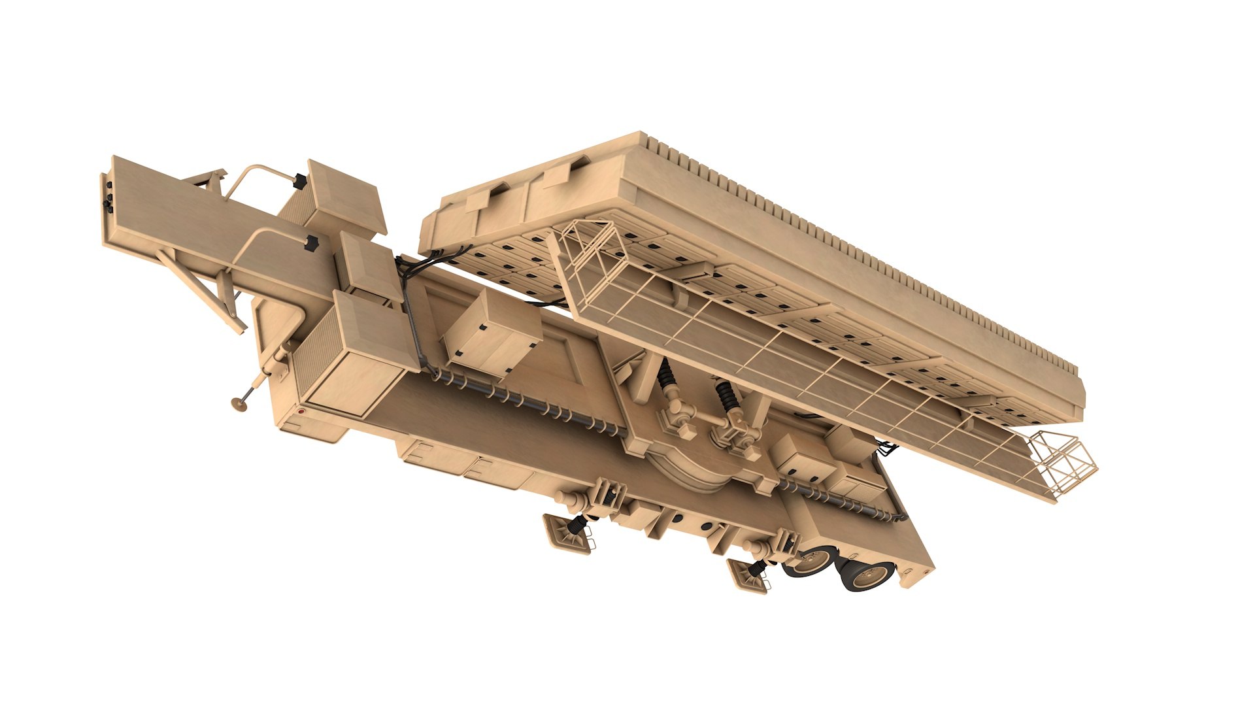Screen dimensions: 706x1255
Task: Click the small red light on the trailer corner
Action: [x=301, y=412]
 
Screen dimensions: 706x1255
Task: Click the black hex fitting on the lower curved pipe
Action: [x=311, y=243]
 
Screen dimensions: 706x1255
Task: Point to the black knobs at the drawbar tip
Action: [x=108, y=195]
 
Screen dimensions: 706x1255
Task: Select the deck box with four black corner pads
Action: [x=492, y=334]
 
